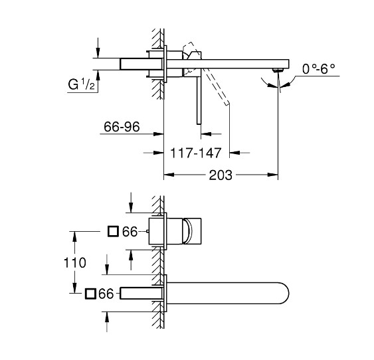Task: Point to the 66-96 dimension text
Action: tap(123, 127)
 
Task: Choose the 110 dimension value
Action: tap(76, 262)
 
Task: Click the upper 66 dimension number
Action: tap(130, 231)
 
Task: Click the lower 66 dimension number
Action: tap(107, 293)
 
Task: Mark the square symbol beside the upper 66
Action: tap(113, 231)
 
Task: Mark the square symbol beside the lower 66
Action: tap(90, 293)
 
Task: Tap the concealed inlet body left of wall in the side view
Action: tap(140, 62)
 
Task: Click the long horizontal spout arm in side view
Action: tap(239, 63)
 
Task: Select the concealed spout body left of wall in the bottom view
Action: tap(140, 294)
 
